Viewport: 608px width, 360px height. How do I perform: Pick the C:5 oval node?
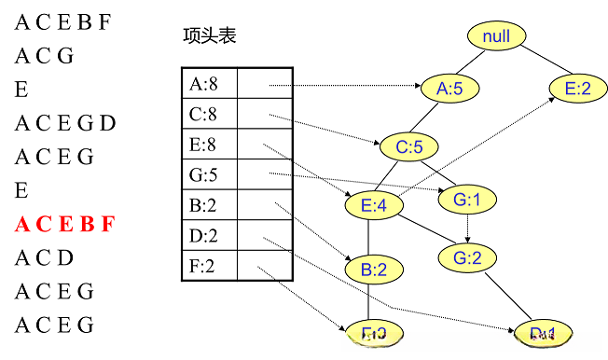pos(408,146)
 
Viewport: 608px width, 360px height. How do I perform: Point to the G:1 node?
pos(466,199)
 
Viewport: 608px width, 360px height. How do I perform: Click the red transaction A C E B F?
pos(64,224)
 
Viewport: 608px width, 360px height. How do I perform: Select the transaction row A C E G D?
pos(65,122)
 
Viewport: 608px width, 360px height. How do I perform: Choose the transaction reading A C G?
pos(44,55)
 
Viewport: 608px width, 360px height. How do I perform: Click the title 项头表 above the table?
pos(210,35)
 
